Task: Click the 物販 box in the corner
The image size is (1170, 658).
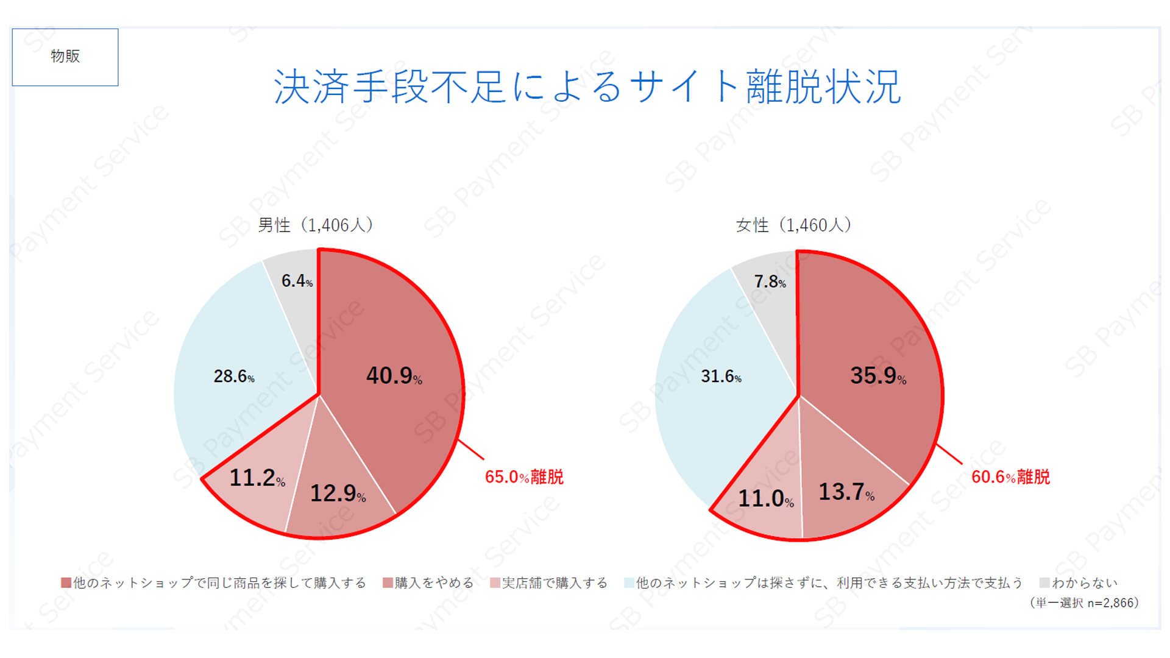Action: click(65, 57)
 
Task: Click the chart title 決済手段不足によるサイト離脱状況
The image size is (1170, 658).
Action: click(587, 87)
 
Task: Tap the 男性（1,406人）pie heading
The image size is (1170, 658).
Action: click(315, 225)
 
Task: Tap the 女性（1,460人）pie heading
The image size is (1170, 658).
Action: click(793, 225)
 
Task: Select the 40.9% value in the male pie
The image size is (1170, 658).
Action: click(394, 376)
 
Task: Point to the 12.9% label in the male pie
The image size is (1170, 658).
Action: click(338, 493)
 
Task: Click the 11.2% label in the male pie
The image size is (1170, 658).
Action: click(257, 478)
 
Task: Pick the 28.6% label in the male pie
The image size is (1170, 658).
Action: click(233, 377)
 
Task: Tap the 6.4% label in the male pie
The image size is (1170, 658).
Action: click(297, 281)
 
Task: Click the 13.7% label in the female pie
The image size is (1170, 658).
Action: click(846, 492)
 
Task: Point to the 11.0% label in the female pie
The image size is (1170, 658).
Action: click(765, 499)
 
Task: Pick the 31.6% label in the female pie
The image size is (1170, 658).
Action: click(721, 377)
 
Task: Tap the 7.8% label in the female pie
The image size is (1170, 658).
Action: click(770, 282)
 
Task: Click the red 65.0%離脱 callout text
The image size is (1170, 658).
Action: click(524, 477)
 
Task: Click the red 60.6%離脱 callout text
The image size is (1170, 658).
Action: click(1010, 477)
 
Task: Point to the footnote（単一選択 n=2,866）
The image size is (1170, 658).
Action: click(1083, 603)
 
